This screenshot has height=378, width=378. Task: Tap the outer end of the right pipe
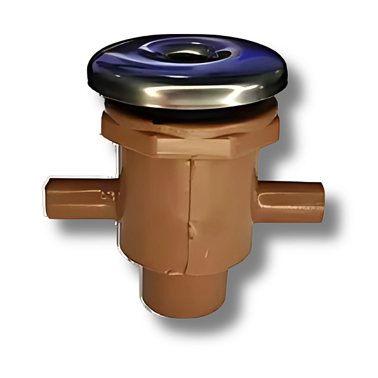(320, 202)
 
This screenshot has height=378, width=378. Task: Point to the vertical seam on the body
(190, 208)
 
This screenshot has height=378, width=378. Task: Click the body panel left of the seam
(154, 208)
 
